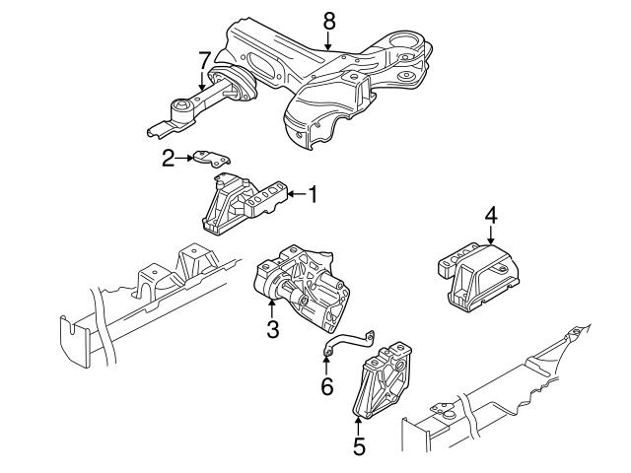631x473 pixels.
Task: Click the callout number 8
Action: pos(328,20)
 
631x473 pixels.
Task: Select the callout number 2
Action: pos(169,156)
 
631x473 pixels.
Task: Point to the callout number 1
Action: pos(313,195)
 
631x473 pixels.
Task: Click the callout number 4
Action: pos(490,214)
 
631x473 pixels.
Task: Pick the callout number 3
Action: pos(273,328)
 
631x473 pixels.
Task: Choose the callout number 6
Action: pos(326,387)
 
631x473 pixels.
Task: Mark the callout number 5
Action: pos(359,445)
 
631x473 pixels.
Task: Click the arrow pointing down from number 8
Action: pos(328,41)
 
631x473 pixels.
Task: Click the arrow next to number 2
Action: pos(185,156)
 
